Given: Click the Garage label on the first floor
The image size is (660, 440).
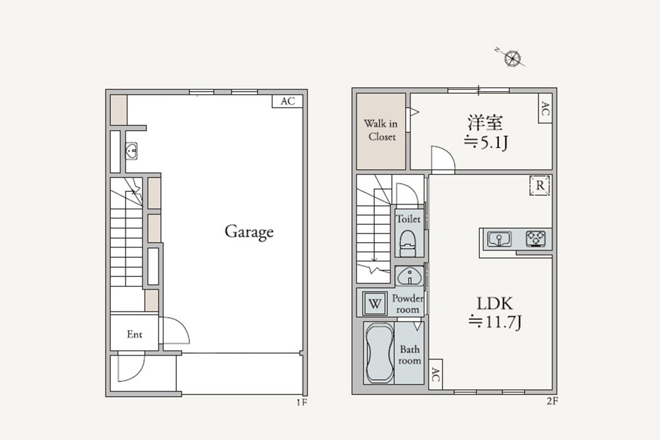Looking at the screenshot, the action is coord(249,232).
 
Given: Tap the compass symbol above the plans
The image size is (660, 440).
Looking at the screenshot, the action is coord(512,58).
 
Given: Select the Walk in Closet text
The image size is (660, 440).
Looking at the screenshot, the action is coord(381,130).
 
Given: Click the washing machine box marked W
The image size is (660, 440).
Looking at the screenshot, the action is coord(375,303).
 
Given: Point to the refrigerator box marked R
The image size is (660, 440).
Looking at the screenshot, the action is coord(540,185).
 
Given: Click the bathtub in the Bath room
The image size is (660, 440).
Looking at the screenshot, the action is coord(379,353).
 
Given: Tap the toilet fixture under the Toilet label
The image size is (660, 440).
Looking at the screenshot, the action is coord(407,243).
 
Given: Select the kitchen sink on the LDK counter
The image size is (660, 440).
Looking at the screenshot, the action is coord(499,239).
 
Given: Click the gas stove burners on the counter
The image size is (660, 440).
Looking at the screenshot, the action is coord(536,239).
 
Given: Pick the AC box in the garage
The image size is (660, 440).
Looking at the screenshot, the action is coord(288,102).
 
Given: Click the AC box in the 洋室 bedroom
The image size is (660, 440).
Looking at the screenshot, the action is coord(545,108).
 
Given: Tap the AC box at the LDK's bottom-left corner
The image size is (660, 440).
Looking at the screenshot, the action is coord(436,374).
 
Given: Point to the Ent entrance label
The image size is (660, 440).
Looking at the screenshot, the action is coord(135,334).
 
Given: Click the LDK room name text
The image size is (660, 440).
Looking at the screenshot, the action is coord(494,303).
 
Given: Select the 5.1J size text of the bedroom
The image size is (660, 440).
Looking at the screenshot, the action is coord(486,143).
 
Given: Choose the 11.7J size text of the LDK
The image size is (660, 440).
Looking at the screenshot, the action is coord(495,322).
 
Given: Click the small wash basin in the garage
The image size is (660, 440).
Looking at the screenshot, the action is coord(131,150).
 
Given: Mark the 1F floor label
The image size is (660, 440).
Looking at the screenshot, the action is coord(302,402).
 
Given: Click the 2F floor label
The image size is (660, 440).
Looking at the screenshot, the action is coord(552,401).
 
